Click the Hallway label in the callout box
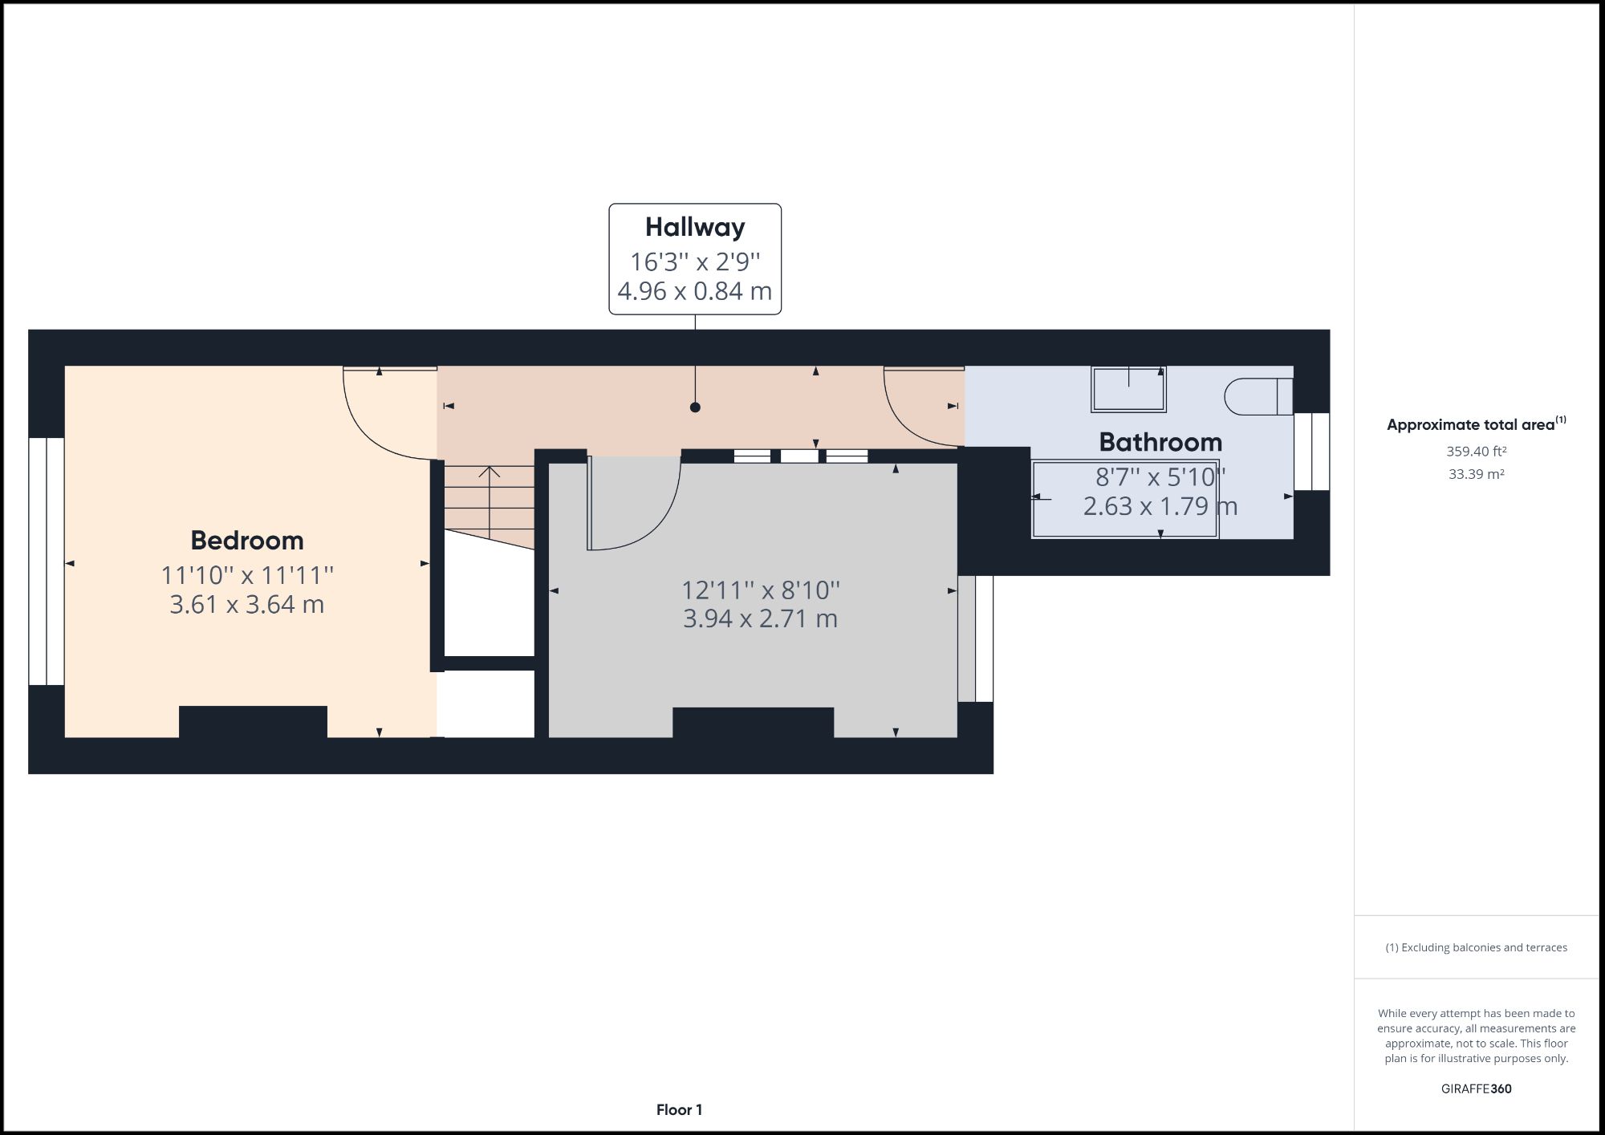point(695,227)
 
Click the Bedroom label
point(247,541)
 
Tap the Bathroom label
point(1160,442)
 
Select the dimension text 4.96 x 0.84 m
point(695,290)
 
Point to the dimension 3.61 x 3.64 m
point(247,604)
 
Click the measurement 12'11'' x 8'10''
point(761,590)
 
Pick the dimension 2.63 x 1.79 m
point(1160,506)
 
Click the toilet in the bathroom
point(1257,396)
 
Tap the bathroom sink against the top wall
point(1128,389)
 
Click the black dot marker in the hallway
point(695,407)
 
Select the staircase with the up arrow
point(490,501)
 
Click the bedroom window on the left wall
point(47,561)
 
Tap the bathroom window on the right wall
point(1312,452)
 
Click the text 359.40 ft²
point(1476,452)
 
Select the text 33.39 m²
point(1476,474)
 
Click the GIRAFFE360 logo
point(1476,1088)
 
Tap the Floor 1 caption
point(679,1110)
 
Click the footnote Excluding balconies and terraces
point(1476,947)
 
